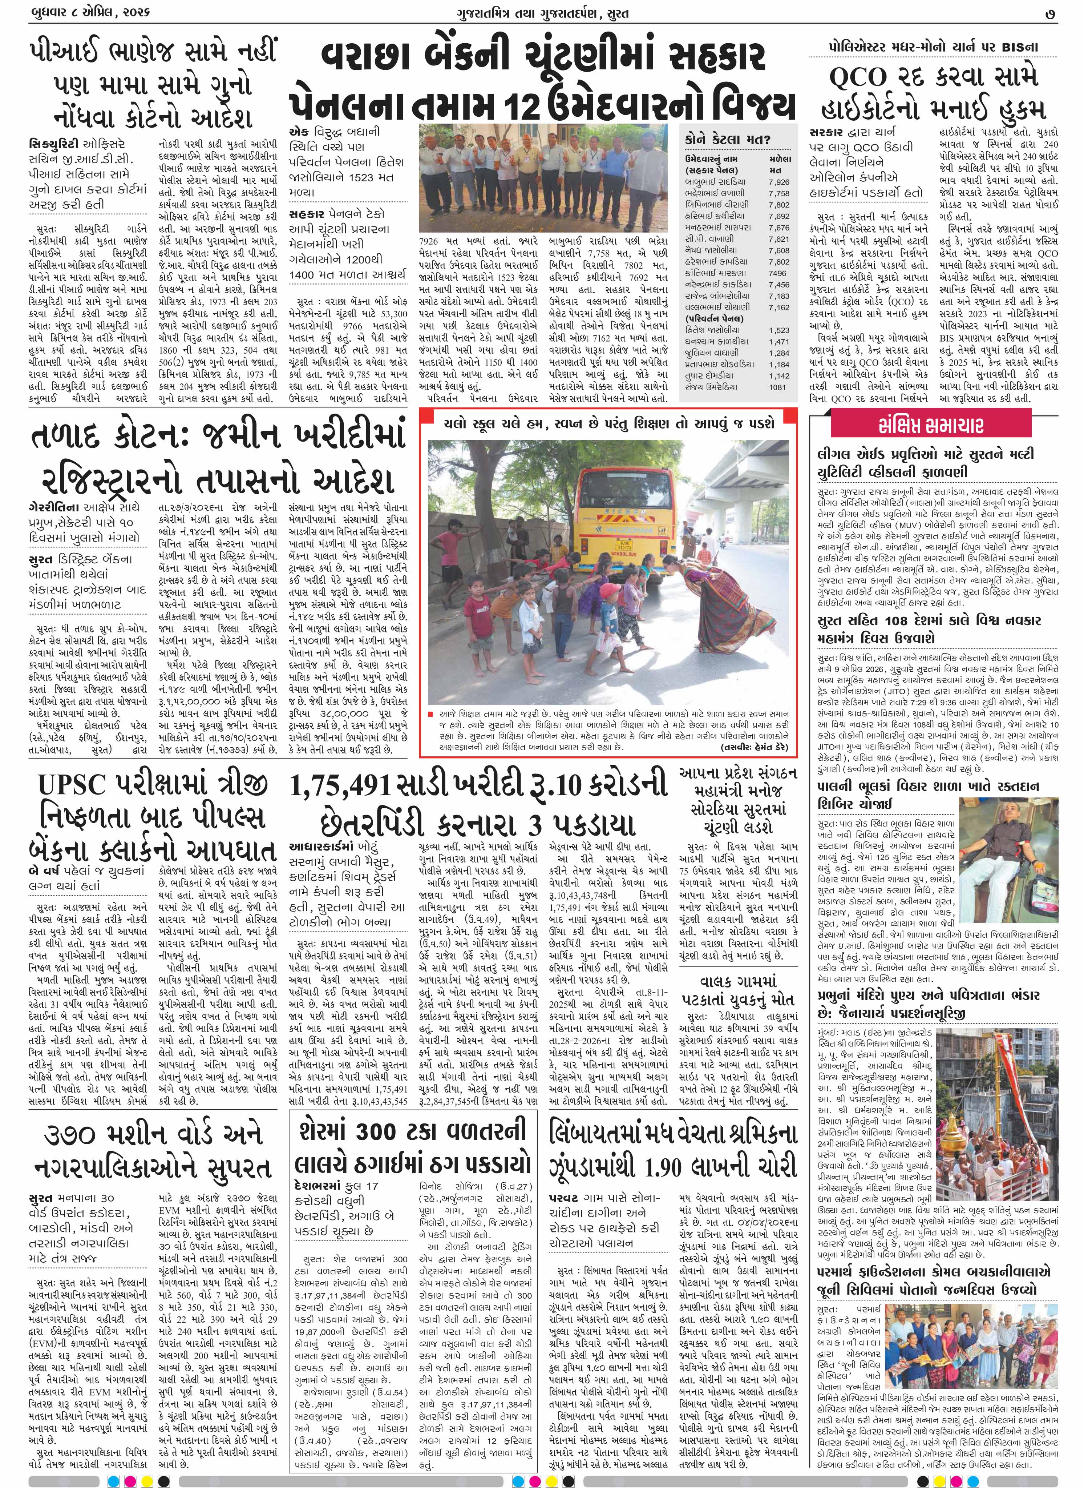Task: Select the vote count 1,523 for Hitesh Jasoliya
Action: (x=779, y=330)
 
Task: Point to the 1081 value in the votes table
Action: (x=777, y=387)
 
